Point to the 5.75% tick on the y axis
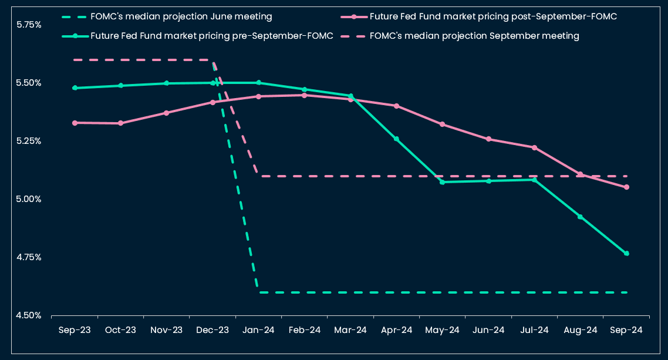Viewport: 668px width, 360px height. pos(29,25)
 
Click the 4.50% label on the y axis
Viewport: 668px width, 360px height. pos(29,315)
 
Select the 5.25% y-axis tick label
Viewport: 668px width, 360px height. pos(29,141)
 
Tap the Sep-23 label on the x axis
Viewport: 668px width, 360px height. pos(75,330)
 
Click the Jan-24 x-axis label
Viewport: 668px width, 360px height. pos(259,330)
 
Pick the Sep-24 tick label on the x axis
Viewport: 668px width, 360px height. pos(626,330)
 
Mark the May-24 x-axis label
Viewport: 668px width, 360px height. pos(442,330)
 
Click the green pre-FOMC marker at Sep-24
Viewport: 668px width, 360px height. pos(626,254)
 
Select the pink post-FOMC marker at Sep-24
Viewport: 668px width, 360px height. pos(626,187)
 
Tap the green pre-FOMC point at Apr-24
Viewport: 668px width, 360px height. pos(396,139)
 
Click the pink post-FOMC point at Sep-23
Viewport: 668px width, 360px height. pos(75,123)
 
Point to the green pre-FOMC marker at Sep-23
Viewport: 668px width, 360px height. pos(75,88)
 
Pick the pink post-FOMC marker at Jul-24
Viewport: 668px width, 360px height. pos(534,147)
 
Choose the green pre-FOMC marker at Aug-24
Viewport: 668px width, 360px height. pos(580,217)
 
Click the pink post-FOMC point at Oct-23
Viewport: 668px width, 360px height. pos(120,123)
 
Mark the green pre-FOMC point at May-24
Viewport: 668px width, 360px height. pos(442,182)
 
